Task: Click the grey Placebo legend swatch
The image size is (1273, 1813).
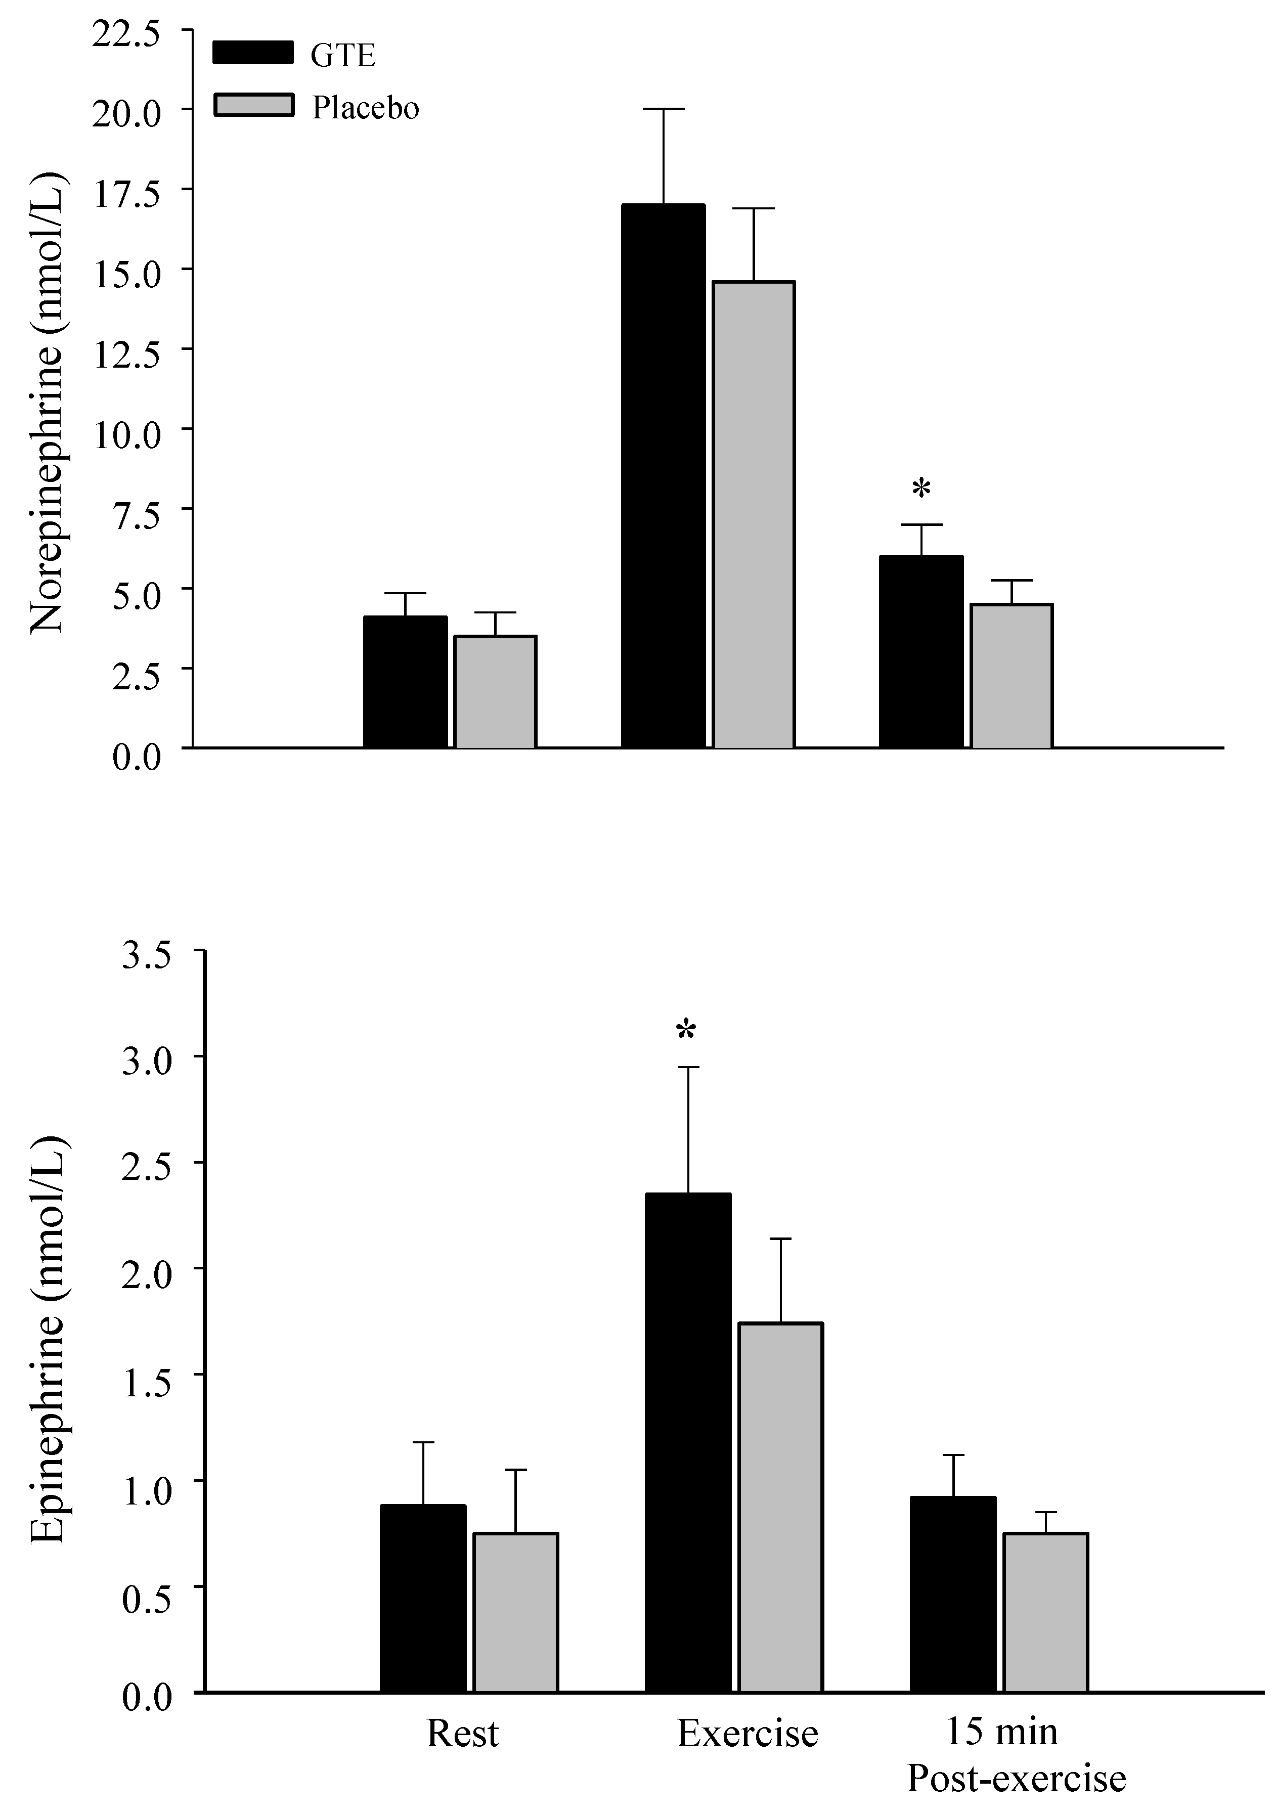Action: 253,105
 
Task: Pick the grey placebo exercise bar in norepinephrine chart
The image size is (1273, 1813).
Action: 754,514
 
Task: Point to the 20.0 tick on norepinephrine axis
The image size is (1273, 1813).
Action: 127,110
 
